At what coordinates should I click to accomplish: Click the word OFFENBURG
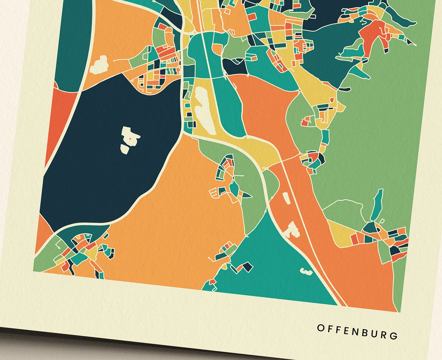(357, 332)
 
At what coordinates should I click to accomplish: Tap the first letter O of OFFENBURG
(320, 328)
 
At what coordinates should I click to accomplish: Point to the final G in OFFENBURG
(394, 336)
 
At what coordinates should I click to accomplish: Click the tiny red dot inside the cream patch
(130, 138)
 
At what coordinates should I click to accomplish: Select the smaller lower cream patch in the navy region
(124, 149)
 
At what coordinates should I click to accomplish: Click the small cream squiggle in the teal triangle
(305, 270)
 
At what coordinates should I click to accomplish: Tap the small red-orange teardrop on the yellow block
(332, 100)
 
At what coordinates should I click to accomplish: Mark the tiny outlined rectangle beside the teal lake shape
(382, 221)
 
